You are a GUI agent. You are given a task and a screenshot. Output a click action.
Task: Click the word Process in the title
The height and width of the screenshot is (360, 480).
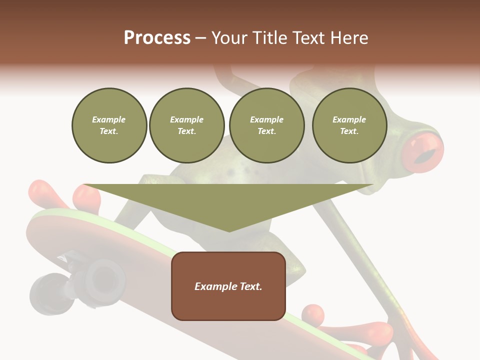click(157, 38)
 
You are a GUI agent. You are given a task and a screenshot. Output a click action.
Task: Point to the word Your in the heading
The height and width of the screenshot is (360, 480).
click(230, 38)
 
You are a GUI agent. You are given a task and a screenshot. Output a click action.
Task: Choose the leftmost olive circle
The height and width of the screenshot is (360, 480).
click(109, 125)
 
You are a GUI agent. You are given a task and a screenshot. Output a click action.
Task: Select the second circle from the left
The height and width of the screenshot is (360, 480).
click(186, 125)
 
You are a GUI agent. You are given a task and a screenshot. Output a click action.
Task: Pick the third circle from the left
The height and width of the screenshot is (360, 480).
click(266, 125)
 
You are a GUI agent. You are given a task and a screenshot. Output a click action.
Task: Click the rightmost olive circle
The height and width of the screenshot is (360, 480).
click(349, 125)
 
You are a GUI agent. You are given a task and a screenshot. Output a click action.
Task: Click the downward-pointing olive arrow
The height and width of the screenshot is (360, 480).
click(228, 205)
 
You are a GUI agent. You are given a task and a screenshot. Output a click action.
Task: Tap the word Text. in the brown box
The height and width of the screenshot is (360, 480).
click(250, 286)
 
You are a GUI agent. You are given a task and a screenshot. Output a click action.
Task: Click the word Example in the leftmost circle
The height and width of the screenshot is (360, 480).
click(109, 119)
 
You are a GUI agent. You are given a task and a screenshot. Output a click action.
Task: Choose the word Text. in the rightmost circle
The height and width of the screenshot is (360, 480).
click(349, 131)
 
